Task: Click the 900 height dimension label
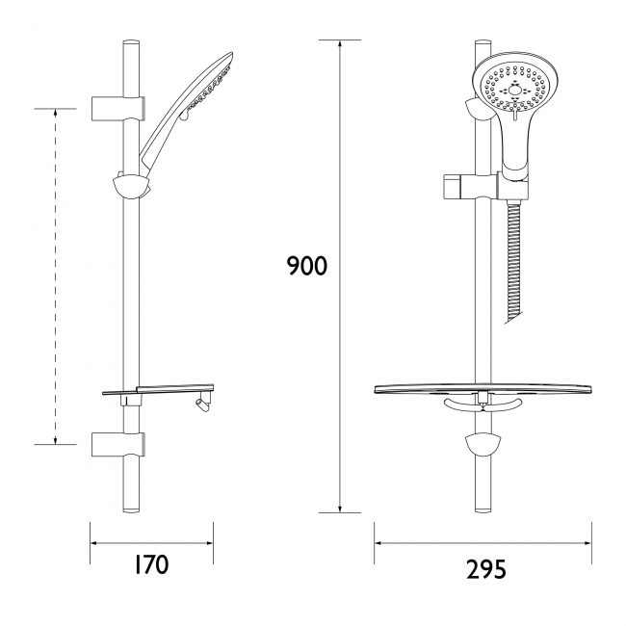click(307, 266)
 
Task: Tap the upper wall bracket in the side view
click(120, 105)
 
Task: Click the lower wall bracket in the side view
click(120, 444)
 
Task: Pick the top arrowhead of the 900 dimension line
click(340, 46)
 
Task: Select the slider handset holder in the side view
click(130, 185)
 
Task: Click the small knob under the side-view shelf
click(201, 404)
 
